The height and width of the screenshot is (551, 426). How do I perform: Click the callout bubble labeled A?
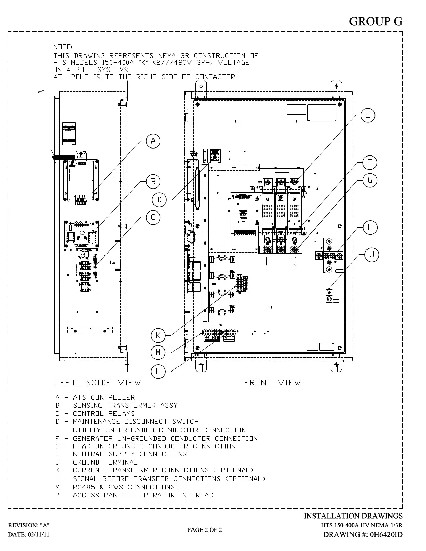point(153,141)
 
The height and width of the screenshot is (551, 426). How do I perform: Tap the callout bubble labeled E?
point(368,115)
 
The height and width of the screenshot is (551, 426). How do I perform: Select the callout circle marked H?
point(370,227)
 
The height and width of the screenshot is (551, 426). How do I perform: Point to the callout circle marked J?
point(372,255)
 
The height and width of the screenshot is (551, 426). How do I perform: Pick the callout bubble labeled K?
point(158,335)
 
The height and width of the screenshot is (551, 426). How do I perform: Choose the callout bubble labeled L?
point(158,372)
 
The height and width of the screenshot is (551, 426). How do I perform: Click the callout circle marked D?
point(159,200)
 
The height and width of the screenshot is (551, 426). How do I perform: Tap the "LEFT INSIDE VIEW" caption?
point(98,383)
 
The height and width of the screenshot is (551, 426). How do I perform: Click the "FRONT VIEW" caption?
point(273,383)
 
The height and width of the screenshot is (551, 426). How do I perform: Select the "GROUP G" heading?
point(376,22)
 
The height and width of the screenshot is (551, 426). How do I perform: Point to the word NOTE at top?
point(63,47)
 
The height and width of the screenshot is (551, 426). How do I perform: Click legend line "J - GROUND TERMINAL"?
point(96,462)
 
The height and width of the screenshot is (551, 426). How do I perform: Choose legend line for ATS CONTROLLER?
point(95,397)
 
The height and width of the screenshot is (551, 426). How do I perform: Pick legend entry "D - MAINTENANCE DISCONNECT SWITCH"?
point(127,422)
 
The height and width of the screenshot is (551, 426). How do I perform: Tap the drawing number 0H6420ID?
point(363,535)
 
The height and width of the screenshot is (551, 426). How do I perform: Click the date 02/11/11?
point(29,535)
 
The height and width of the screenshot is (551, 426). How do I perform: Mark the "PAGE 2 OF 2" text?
point(204,530)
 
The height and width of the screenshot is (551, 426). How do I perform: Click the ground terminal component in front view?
point(329,296)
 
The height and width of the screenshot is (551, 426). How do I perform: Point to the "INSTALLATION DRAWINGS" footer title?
point(353,516)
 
